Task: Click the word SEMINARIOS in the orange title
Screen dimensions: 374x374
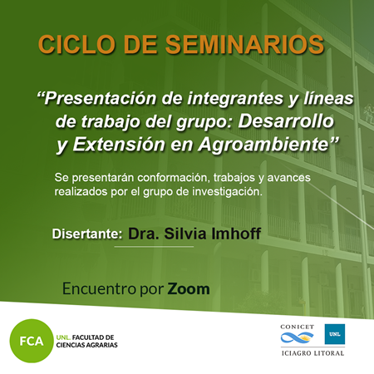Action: (x=245, y=45)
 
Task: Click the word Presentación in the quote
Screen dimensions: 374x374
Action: (x=101, y=98)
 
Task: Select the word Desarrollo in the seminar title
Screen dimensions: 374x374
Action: (x=286, y=121)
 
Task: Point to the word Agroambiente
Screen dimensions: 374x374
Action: (x=263, y=145)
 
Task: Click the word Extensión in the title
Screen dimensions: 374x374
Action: (x=119, y=145)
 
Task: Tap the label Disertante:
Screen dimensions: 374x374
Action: (x=87, y=234)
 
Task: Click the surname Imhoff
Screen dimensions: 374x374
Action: (x=236, y=234)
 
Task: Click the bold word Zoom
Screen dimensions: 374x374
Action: (x=189, y=289)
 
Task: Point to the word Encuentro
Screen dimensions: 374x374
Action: (x=99, y=289)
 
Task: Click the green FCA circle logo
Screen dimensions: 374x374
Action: (x=32, y=341)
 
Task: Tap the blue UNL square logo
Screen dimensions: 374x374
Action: (x=335, y=334)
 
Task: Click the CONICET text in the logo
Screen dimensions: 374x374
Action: (x=298, y=327)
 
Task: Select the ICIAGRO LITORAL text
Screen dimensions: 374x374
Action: (x=312, y=353)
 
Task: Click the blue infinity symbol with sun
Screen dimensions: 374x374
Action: (x=297, y=337)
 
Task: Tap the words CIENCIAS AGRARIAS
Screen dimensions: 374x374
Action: (x=86, y=345)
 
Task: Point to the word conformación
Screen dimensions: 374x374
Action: (x=173, y=178)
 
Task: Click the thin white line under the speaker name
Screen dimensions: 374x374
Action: (x=154, y=246)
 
